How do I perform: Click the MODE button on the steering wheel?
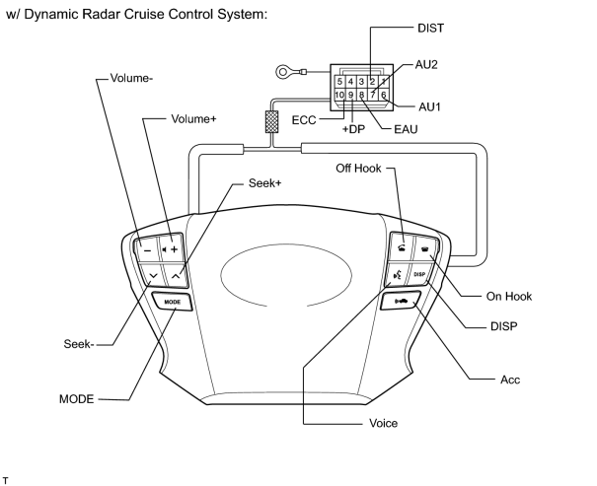pos(172,302)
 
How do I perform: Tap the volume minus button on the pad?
pos(147,248)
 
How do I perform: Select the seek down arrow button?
pos(153,275)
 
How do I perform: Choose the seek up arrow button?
pos(176,275)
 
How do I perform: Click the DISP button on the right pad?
pos(419,274)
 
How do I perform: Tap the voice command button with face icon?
pos(398,274)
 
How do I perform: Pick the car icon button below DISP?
pos(401,302)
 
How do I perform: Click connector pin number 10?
pos(339,95)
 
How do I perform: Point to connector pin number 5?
pos(339,82)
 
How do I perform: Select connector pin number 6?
pos(384,95)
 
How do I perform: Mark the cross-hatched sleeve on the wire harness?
pos(271,121)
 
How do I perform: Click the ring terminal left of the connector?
pos(283,72)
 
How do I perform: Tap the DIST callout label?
pos(430,29)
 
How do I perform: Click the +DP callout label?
pos(353,129)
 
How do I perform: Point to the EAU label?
pos(406,129)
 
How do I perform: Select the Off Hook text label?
pos(358,169)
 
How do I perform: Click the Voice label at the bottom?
pos(384,423)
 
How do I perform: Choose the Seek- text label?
pos(78,344)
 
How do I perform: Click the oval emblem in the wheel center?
pos(286,275)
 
